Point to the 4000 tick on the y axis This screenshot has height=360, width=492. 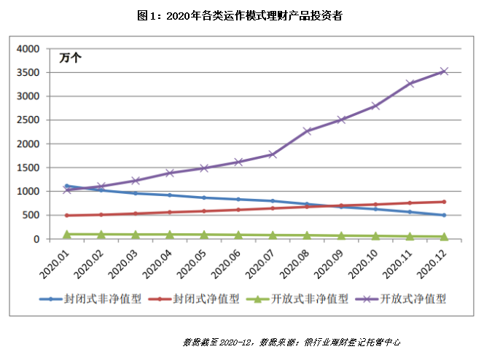point(28,49)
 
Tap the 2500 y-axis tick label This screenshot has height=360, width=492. point(28,120)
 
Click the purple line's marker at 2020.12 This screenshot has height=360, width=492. point(443,71)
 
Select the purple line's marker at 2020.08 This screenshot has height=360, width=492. point(307,131)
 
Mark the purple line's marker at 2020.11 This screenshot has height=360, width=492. point(410,84)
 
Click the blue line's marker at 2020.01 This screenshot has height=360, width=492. point(67,186)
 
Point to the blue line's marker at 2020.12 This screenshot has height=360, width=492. point(443,215)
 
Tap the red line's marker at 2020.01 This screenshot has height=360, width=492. point(67,215)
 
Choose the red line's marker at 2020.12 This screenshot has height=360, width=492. point(443,202)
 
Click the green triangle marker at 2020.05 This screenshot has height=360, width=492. point(204,235)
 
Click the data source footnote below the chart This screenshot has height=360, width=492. point(292,341)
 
